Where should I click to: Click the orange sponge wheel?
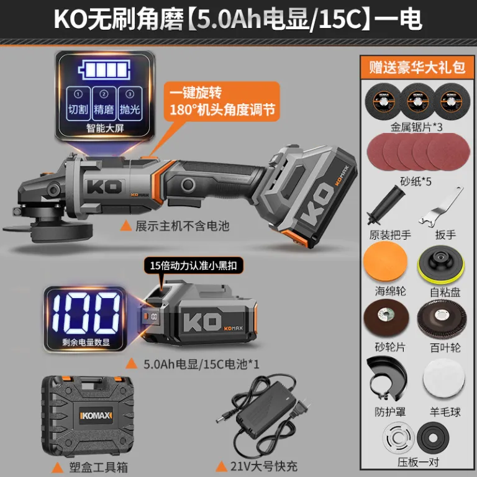(385, 261)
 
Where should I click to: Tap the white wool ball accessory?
(444, 378)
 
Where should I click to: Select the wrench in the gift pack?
(441, 207)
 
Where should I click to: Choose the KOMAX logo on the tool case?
(96, 416)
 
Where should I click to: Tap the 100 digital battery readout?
(86, 313)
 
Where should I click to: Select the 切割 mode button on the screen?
(78, 104)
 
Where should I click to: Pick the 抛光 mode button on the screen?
(130, 104)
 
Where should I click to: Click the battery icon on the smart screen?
(104, 70)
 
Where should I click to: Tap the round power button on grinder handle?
(188, 184)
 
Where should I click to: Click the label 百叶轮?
(445, 347)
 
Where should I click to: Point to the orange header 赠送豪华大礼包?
(417, 67)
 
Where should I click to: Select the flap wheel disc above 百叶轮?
(442, 319)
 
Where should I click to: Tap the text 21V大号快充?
(264, 466)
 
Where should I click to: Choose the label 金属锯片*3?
(416, 127)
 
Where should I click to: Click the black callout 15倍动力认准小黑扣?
(194, 266)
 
